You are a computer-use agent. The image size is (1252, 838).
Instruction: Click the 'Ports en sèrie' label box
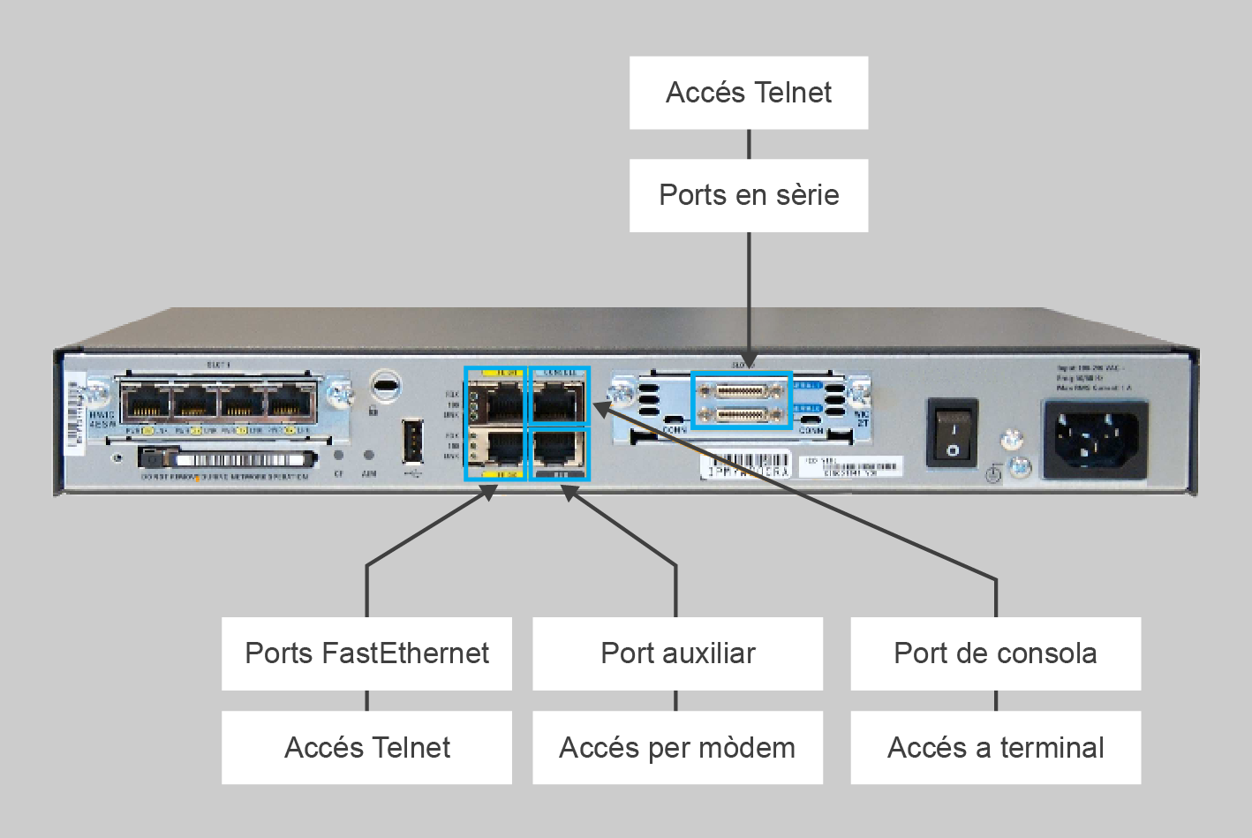(x=749, y=195)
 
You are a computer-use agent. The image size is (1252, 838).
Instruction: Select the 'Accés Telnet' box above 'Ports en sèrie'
(x=749, y=93)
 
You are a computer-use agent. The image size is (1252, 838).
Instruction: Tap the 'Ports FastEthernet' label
(x=366, y=653)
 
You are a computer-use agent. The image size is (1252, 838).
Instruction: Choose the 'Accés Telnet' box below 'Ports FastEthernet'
(x=366, y=748)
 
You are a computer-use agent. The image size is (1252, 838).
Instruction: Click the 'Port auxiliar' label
(x=677, y=653)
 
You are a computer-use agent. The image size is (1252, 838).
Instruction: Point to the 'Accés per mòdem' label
(x=677, y=748)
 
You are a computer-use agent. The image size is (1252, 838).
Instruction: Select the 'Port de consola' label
(x=995, y=653)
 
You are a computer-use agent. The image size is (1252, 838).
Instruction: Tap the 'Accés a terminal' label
(x=995, y=748)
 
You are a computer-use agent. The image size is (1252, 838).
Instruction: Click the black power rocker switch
(x=952, y=433)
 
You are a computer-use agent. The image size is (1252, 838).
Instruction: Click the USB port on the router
(x=412, y=442)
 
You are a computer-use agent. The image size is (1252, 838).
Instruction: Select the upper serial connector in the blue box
(x=740, y=389)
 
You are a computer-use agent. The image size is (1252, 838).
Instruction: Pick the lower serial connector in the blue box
(x=740, y=414)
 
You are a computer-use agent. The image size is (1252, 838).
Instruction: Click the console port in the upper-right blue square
(x=558, y=402)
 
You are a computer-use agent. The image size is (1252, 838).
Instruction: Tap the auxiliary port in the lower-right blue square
(x=558, y=450)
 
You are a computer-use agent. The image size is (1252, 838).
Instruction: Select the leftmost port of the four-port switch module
(x=146, y=404)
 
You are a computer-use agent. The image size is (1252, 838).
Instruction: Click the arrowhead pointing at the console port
(x=600, y=409)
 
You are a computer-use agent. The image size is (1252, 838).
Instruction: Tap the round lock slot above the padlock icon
(x=385, y=385)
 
